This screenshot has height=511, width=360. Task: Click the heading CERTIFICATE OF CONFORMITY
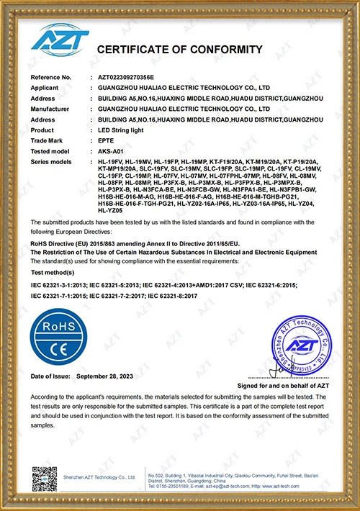[x=180, y=50]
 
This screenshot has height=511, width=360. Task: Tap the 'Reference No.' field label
[x=50, y=76]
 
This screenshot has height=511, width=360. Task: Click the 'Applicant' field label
[x=45, y=86]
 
